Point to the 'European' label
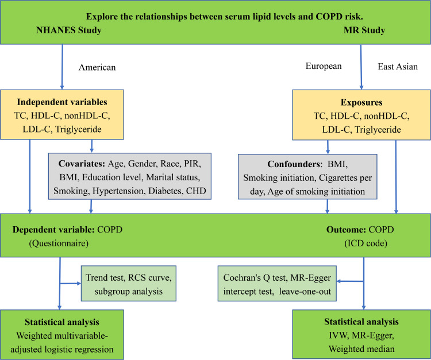tap(324, 67)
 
